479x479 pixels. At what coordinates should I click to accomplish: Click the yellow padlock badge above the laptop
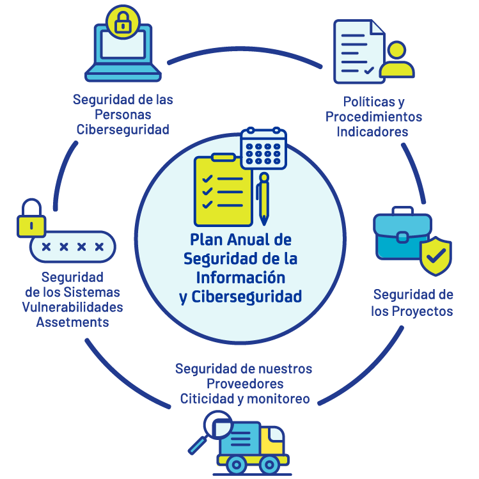coord(123,22)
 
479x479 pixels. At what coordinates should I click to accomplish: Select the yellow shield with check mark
coord(436,256)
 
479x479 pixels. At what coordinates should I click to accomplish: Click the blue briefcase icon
coord(402,233)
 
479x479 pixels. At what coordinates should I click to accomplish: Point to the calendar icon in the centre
coord(263,148)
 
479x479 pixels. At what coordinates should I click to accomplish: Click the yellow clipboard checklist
coord(223,191)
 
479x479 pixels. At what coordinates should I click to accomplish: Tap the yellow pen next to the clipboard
coord(263,199)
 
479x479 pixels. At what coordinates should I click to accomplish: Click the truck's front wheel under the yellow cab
coord(269,465)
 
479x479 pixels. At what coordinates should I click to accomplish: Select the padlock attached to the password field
coord(31,218)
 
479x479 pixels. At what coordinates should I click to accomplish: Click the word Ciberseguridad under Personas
coord(123,130)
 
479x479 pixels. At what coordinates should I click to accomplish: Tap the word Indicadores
coord(372,132)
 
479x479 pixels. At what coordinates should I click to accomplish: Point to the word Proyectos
coord(422,311)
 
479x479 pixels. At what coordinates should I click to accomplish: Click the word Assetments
coord(72,322)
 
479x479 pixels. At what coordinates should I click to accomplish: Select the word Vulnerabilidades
coord(72,308)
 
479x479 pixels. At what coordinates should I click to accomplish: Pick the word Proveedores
coord(245,384)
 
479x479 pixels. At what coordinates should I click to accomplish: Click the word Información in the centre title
coord(240,278)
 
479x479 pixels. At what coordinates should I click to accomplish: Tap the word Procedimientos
coord(373,116)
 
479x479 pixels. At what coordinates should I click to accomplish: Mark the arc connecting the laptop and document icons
coord(244,49)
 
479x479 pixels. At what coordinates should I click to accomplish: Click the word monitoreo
coord(278,399)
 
